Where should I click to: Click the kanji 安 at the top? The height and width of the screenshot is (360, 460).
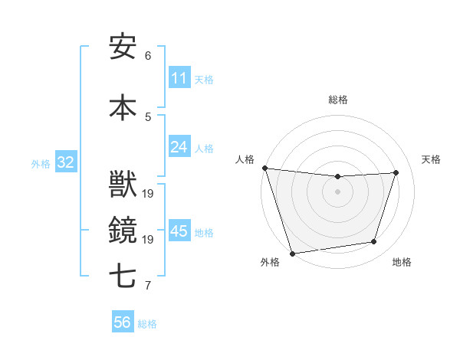pyautogui.click(x=123, y=47)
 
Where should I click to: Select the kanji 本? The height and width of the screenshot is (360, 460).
pyautogui.click(x=123, y=108)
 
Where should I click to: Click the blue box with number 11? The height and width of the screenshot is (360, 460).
pyautogui.click(x=179, y=78)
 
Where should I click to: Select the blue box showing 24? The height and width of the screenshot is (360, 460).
pyautogui.click(x=179, y=147)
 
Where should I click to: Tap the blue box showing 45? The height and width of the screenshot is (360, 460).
pyautogui.click(x=179, y=231)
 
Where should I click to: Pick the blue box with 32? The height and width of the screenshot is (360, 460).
pyautogui.click(x=65, y=162)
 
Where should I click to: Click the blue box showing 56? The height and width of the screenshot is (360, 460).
pyautogui.click(x=123, y=322)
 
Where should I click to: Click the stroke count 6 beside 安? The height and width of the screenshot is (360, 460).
pyautogui.click(x=148, y=56)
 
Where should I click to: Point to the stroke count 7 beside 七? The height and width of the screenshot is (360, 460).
pyautogui.click(x=148, y=286)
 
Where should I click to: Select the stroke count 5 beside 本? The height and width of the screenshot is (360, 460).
pyautogui.click(x=148, y=117)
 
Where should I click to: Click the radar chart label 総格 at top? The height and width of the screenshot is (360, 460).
pyautogui.click(x=338, y=100)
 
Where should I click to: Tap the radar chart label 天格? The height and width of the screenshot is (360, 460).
pyautogui.click(x=432, y=159)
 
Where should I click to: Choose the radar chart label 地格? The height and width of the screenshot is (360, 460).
pyautogui.click(x=402, y=263)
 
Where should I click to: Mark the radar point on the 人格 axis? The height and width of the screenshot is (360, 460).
pyautogui.click(x=264, y=168)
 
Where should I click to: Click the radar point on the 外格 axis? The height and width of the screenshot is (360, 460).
pyautogui.click(x=292, y=253)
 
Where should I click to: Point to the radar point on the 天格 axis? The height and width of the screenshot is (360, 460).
pyautogui.click(x=396, y=172)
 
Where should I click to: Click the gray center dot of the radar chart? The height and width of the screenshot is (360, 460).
pyautogui.click(x=338, y=191)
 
